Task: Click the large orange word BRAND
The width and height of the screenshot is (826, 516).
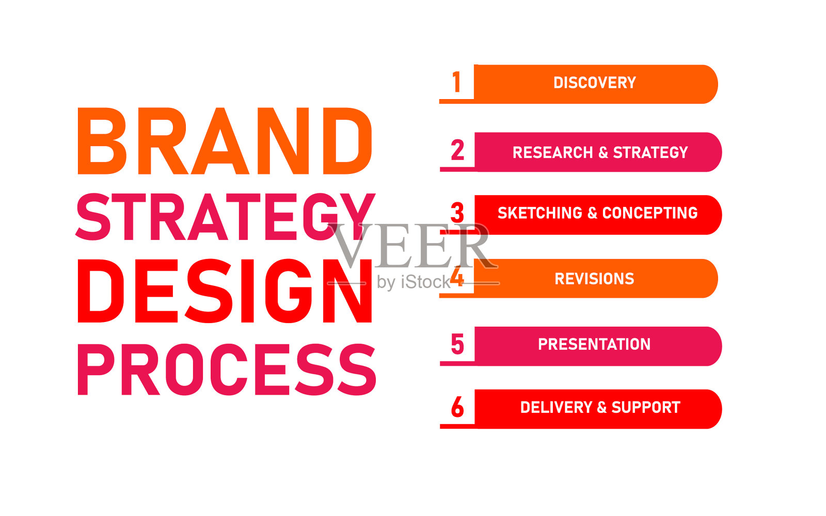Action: click(x=225, y=141)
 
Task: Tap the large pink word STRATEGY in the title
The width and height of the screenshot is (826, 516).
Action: click(x=225, y=217)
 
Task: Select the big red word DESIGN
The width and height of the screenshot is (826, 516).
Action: click(x=225, y=291)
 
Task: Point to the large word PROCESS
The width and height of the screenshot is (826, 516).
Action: click(x=227, y=369)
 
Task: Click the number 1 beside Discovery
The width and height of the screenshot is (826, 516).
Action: click(x=457, y=82)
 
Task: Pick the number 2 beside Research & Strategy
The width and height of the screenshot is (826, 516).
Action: click(x=457, y=150)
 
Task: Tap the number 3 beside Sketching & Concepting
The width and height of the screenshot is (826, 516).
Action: click(x=457, y=212)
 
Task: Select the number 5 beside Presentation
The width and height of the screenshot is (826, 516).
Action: click(x=457, y=344)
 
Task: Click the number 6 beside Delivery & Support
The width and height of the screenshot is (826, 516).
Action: click(x=457, y=407)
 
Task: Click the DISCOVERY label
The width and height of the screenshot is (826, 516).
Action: click(x=595, y=83)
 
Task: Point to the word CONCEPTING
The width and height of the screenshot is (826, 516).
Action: click(x=650, y=213)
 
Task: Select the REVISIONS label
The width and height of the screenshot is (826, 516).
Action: click(x=594, y=279)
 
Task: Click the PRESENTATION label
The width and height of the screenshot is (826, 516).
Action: click(x=594, y=344)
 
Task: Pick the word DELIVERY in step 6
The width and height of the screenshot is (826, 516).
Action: click(x=556, y=408)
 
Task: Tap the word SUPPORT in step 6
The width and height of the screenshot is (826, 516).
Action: click(x=646, y=408)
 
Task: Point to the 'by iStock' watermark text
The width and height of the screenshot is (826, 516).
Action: click(x=414, y=282)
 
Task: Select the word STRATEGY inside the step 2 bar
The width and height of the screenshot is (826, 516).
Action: click(x=650, y=153)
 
